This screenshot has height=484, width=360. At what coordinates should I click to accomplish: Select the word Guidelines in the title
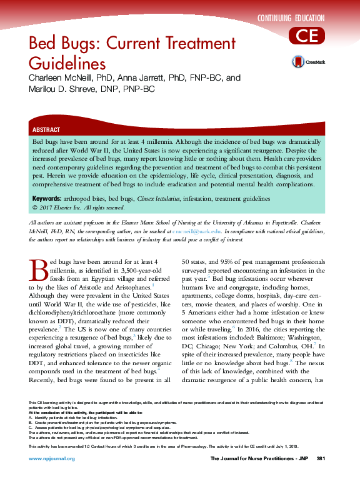coord(67,64)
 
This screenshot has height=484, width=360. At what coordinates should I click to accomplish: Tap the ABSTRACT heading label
coord(46,130)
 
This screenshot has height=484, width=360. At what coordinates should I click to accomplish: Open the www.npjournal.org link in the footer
coord(52,458)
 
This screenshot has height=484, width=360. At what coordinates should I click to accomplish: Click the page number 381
coord(321,458)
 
